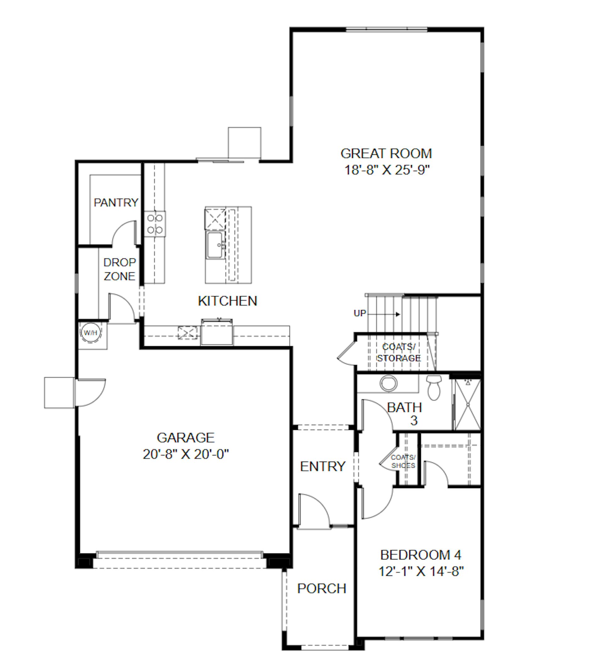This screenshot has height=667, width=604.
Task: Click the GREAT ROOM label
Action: click(386, 153)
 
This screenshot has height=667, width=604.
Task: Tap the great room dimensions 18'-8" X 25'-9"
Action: click(387, 170)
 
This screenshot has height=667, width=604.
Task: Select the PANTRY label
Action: click(116, 203)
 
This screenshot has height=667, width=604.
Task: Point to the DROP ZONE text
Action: click(120, 269)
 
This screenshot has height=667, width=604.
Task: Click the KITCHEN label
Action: click(227, 301)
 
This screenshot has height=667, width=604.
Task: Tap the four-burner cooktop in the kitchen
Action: click(155, 224)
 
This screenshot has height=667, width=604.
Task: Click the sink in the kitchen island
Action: click(215, 245)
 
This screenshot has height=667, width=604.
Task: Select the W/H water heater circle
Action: click(90, 332)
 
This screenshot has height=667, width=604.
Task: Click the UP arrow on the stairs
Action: click(383, 314)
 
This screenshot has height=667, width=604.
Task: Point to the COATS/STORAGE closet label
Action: click(399, 352)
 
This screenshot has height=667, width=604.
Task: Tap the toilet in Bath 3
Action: click(434, 387)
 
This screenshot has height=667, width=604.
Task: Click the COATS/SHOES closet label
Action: click(403, 461)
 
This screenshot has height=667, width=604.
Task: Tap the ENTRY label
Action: click(323, 466)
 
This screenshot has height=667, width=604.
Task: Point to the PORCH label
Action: click(322, 588)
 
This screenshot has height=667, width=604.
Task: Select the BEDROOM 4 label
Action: click(421, 555)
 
